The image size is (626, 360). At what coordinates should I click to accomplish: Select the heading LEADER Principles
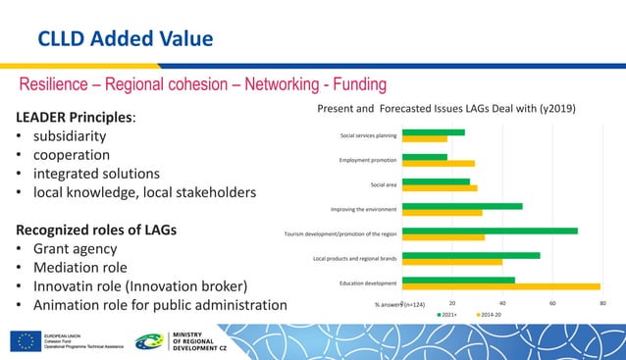coord(75,118)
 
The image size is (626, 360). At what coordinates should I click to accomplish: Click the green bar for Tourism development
coord(490,231)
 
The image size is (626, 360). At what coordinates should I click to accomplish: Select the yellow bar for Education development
coord(500,287)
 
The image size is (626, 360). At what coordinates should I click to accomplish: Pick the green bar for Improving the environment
coord(462,206)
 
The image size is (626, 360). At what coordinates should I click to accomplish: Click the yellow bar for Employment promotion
coord(439,163)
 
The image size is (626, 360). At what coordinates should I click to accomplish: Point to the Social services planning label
coord(368,135)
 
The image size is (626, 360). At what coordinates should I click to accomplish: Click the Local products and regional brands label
coord(354,258)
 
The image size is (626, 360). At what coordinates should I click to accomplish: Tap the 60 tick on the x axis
coord(552,304)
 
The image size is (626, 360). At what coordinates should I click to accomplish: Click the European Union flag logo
coord(26,340)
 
